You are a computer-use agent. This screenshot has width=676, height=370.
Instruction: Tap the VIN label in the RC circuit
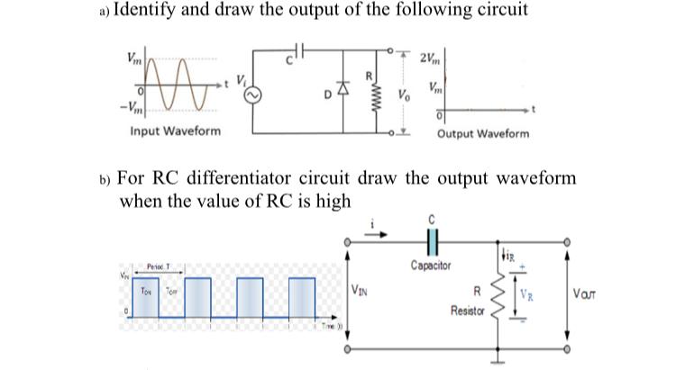(360, 290)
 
